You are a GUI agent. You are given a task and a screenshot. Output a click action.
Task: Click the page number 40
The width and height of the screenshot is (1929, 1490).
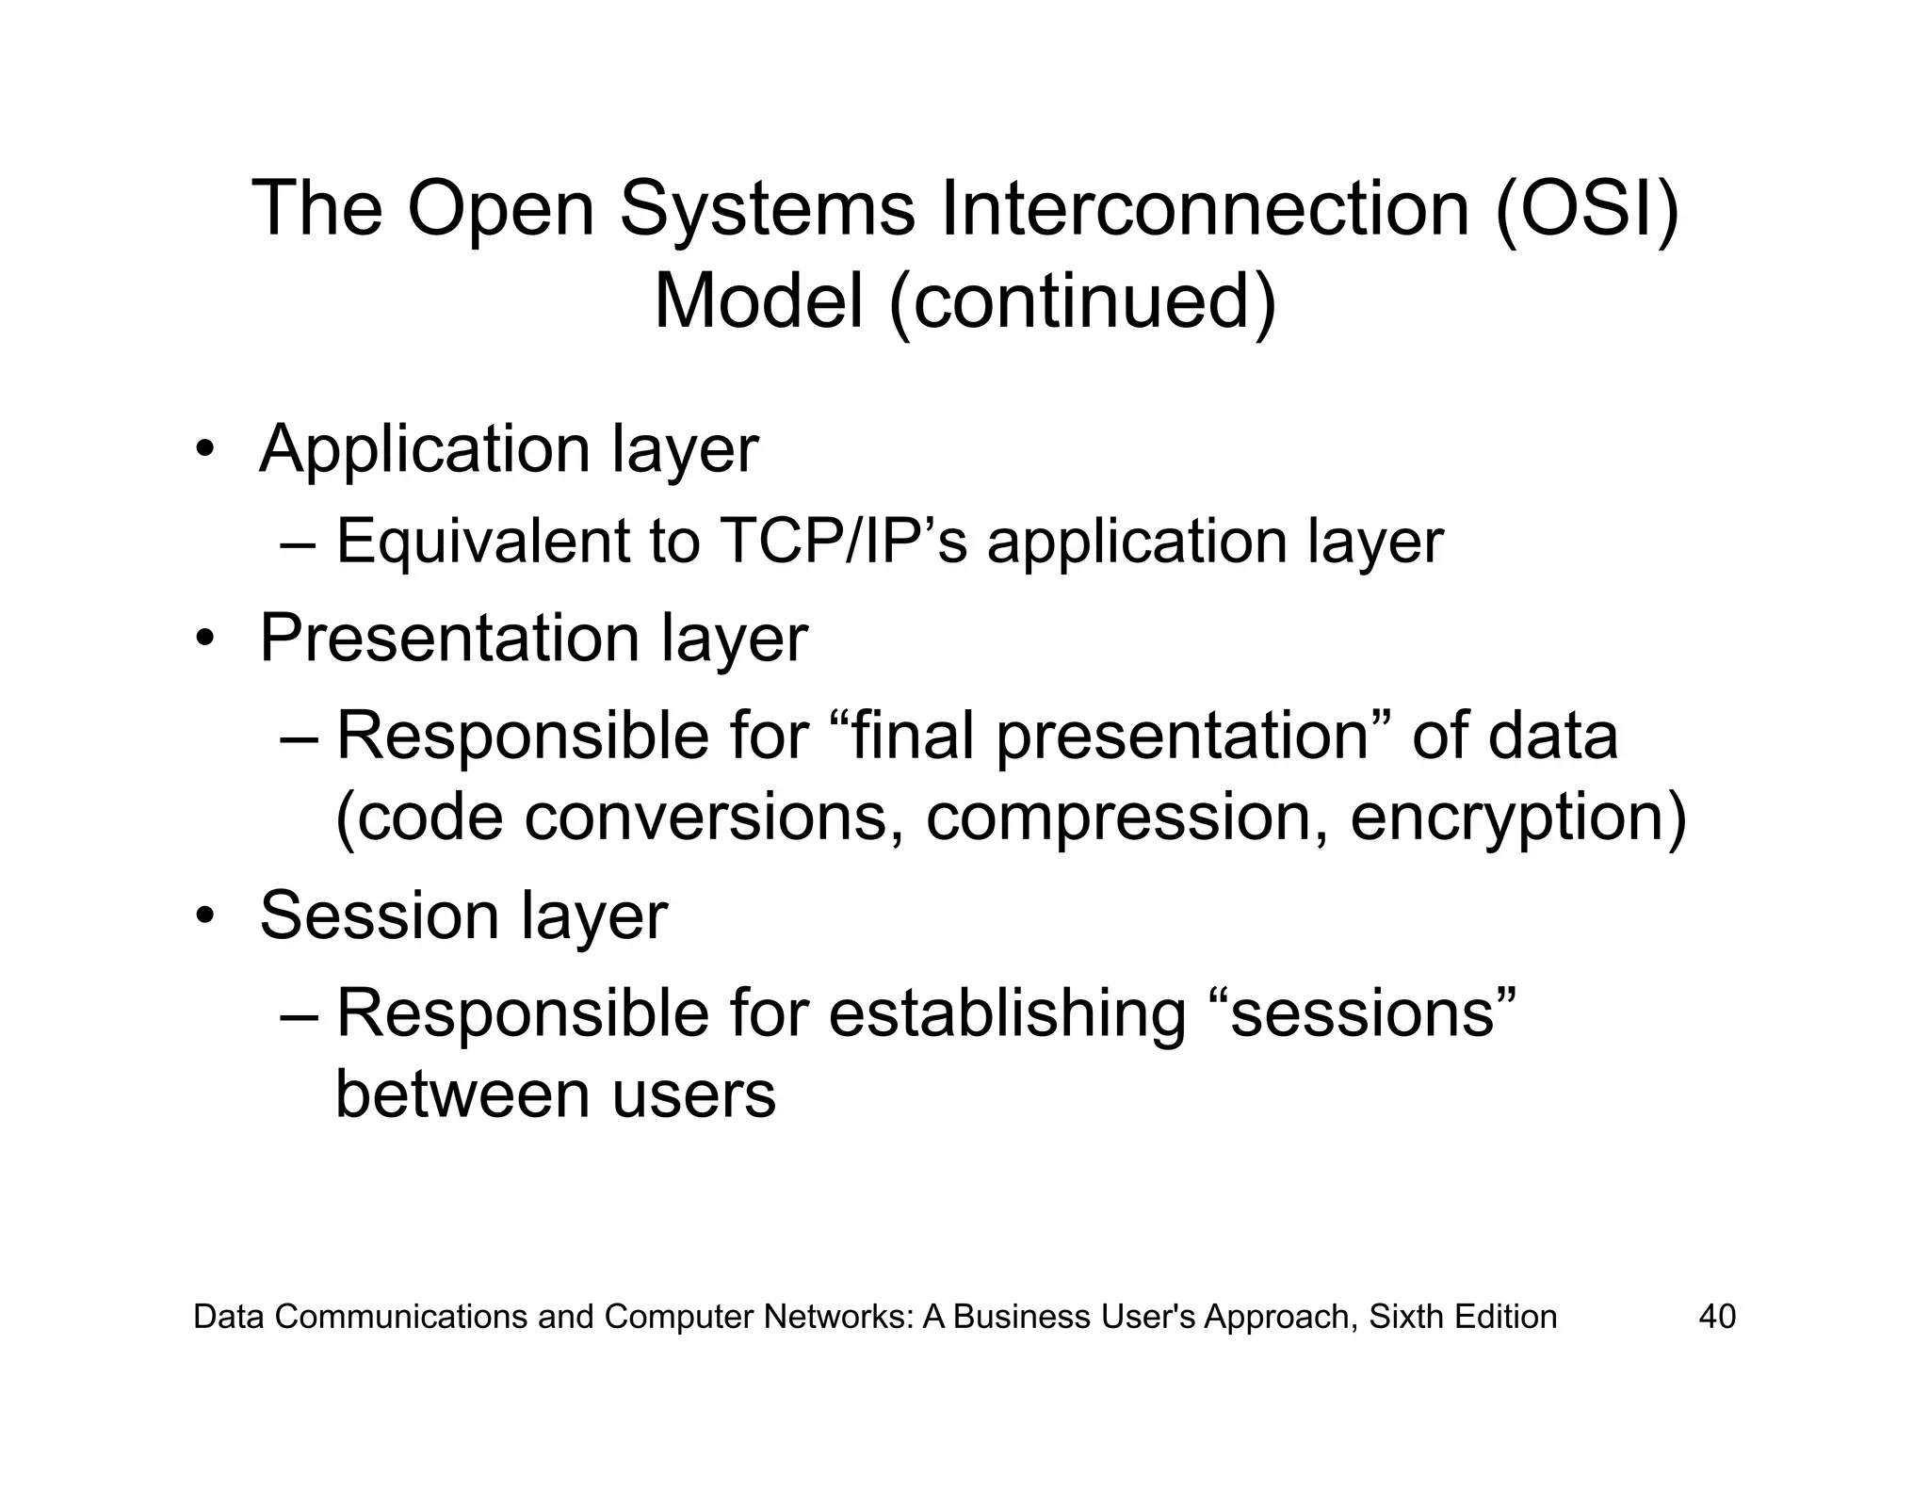point(1716,1316)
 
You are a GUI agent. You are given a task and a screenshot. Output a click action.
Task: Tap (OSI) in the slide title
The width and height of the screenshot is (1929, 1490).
point(1587,208)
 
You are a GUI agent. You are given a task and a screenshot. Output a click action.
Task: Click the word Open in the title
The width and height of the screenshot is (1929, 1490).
point(500,208)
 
